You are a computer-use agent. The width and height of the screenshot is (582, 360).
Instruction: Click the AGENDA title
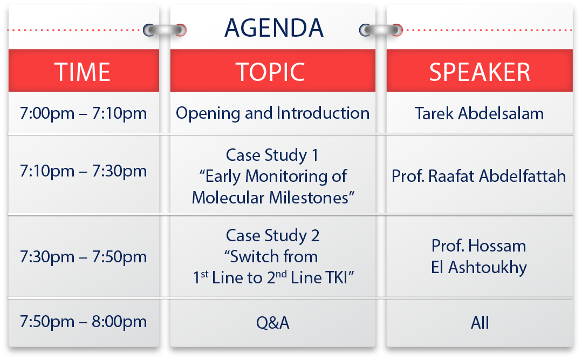pos(274,28)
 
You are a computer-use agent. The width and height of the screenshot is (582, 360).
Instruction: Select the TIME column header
pos(83,72)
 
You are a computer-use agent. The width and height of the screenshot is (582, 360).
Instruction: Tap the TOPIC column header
pos(270,72)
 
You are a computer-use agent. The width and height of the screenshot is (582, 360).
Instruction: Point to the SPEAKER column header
pos(480,72)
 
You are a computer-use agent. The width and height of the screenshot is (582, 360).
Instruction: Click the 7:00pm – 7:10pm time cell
pos(83,113)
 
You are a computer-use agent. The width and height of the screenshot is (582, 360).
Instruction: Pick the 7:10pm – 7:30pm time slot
pos(83,171)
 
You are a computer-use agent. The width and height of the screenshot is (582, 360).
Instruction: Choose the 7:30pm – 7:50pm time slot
pos(83,257)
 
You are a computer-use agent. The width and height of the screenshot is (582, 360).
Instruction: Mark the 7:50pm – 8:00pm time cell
pos(83,321)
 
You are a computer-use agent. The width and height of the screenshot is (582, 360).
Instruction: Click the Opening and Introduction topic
pos(272,113)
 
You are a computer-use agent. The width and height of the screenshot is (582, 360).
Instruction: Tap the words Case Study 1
pos(272,155)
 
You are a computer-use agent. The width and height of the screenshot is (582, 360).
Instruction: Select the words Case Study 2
pos(272,235)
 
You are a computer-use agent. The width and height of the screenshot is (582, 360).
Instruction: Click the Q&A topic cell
pos(272,322)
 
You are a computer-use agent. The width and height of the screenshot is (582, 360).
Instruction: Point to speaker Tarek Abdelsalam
pos(479,113)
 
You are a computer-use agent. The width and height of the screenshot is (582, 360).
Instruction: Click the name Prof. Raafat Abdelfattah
pos(479,176)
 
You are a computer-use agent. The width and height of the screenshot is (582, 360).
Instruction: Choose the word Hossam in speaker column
pos(497,246)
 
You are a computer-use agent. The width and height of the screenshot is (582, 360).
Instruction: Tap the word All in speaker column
pos(480,322)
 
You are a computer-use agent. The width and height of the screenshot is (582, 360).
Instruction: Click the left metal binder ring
pos(165,30)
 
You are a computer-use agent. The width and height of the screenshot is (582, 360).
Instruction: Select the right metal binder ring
pos(381,30)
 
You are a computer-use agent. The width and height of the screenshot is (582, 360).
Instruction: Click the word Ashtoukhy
pos(488,268)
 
